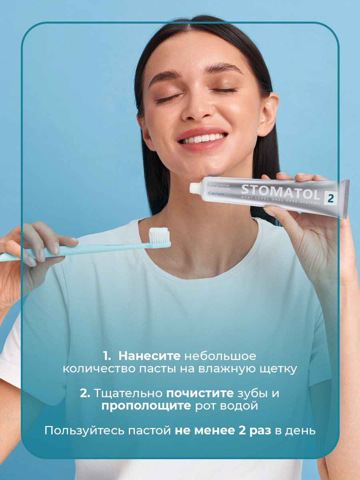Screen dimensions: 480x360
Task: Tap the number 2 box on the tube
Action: pyautogui.click(x=330, y=198)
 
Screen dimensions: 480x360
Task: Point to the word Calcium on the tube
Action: pyautogui.click(x=216, y=194)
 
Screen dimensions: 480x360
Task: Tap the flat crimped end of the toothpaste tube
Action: pyautogui.click(x=345, y=199)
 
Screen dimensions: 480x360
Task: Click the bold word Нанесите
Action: pyautogui.click(x=150, y=356)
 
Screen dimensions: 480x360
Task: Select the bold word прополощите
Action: pyautogui.click(x=146, y=406)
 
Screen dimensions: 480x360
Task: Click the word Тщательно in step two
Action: pyautogui.click(x=128, y=393)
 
